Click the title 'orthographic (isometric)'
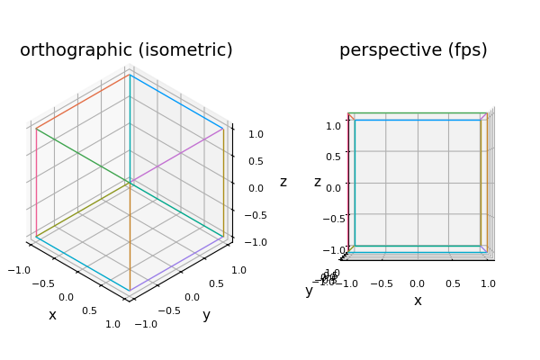pos(126,50)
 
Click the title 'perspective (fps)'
pos(413,50)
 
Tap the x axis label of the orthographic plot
pos(52,315)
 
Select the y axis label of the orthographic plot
pos(206,315)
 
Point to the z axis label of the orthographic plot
pos(283,182)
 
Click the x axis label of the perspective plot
pos(418,301)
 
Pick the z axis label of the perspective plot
pos(318,182)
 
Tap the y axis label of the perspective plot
pos(309,291)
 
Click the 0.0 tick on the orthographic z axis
pos(256,188)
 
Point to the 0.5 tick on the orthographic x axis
pos(89,310)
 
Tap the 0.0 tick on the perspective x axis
pos(418,283)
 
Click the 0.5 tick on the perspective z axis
pos(333,157)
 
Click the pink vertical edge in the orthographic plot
pos(37,180)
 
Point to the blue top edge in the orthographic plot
pos(176,102)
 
